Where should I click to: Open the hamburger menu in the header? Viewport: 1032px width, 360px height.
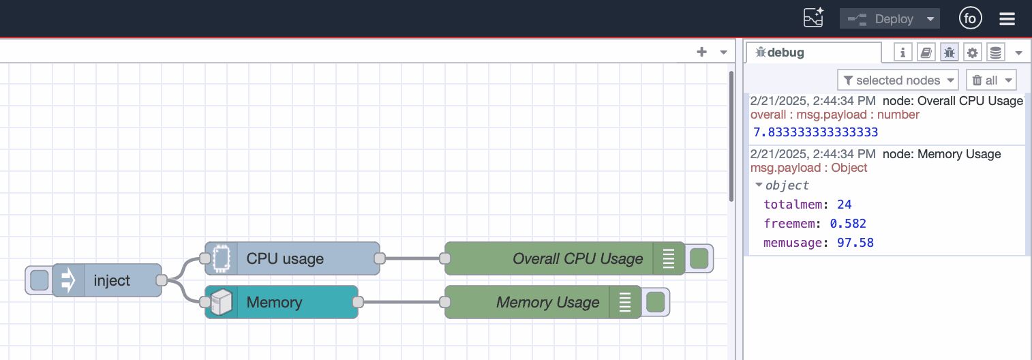(x=1007, y=19)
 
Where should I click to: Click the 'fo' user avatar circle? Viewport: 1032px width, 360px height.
(x=970, y=18)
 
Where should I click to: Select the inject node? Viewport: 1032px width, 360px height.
(x=111, y=280)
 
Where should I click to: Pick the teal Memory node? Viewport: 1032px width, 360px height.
(x=281, y=302)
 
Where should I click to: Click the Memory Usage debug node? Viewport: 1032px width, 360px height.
(x=538, y=302)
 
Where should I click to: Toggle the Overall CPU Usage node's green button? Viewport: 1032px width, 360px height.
(x=699, y=258)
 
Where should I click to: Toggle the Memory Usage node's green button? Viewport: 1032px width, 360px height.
(x=656, y=302)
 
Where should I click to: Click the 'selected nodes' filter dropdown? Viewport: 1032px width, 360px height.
(x=898, y=80)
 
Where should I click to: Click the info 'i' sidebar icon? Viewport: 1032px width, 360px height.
(x=902, y=52)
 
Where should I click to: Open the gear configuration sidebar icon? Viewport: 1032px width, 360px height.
(x=972, y=52)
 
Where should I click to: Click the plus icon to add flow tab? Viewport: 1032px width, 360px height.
(x=701, y=52)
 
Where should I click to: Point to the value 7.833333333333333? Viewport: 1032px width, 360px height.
(x=815, y=132)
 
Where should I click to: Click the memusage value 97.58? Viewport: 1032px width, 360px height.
(x=857, y=243)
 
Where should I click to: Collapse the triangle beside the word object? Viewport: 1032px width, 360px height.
(x=759, y=185)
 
